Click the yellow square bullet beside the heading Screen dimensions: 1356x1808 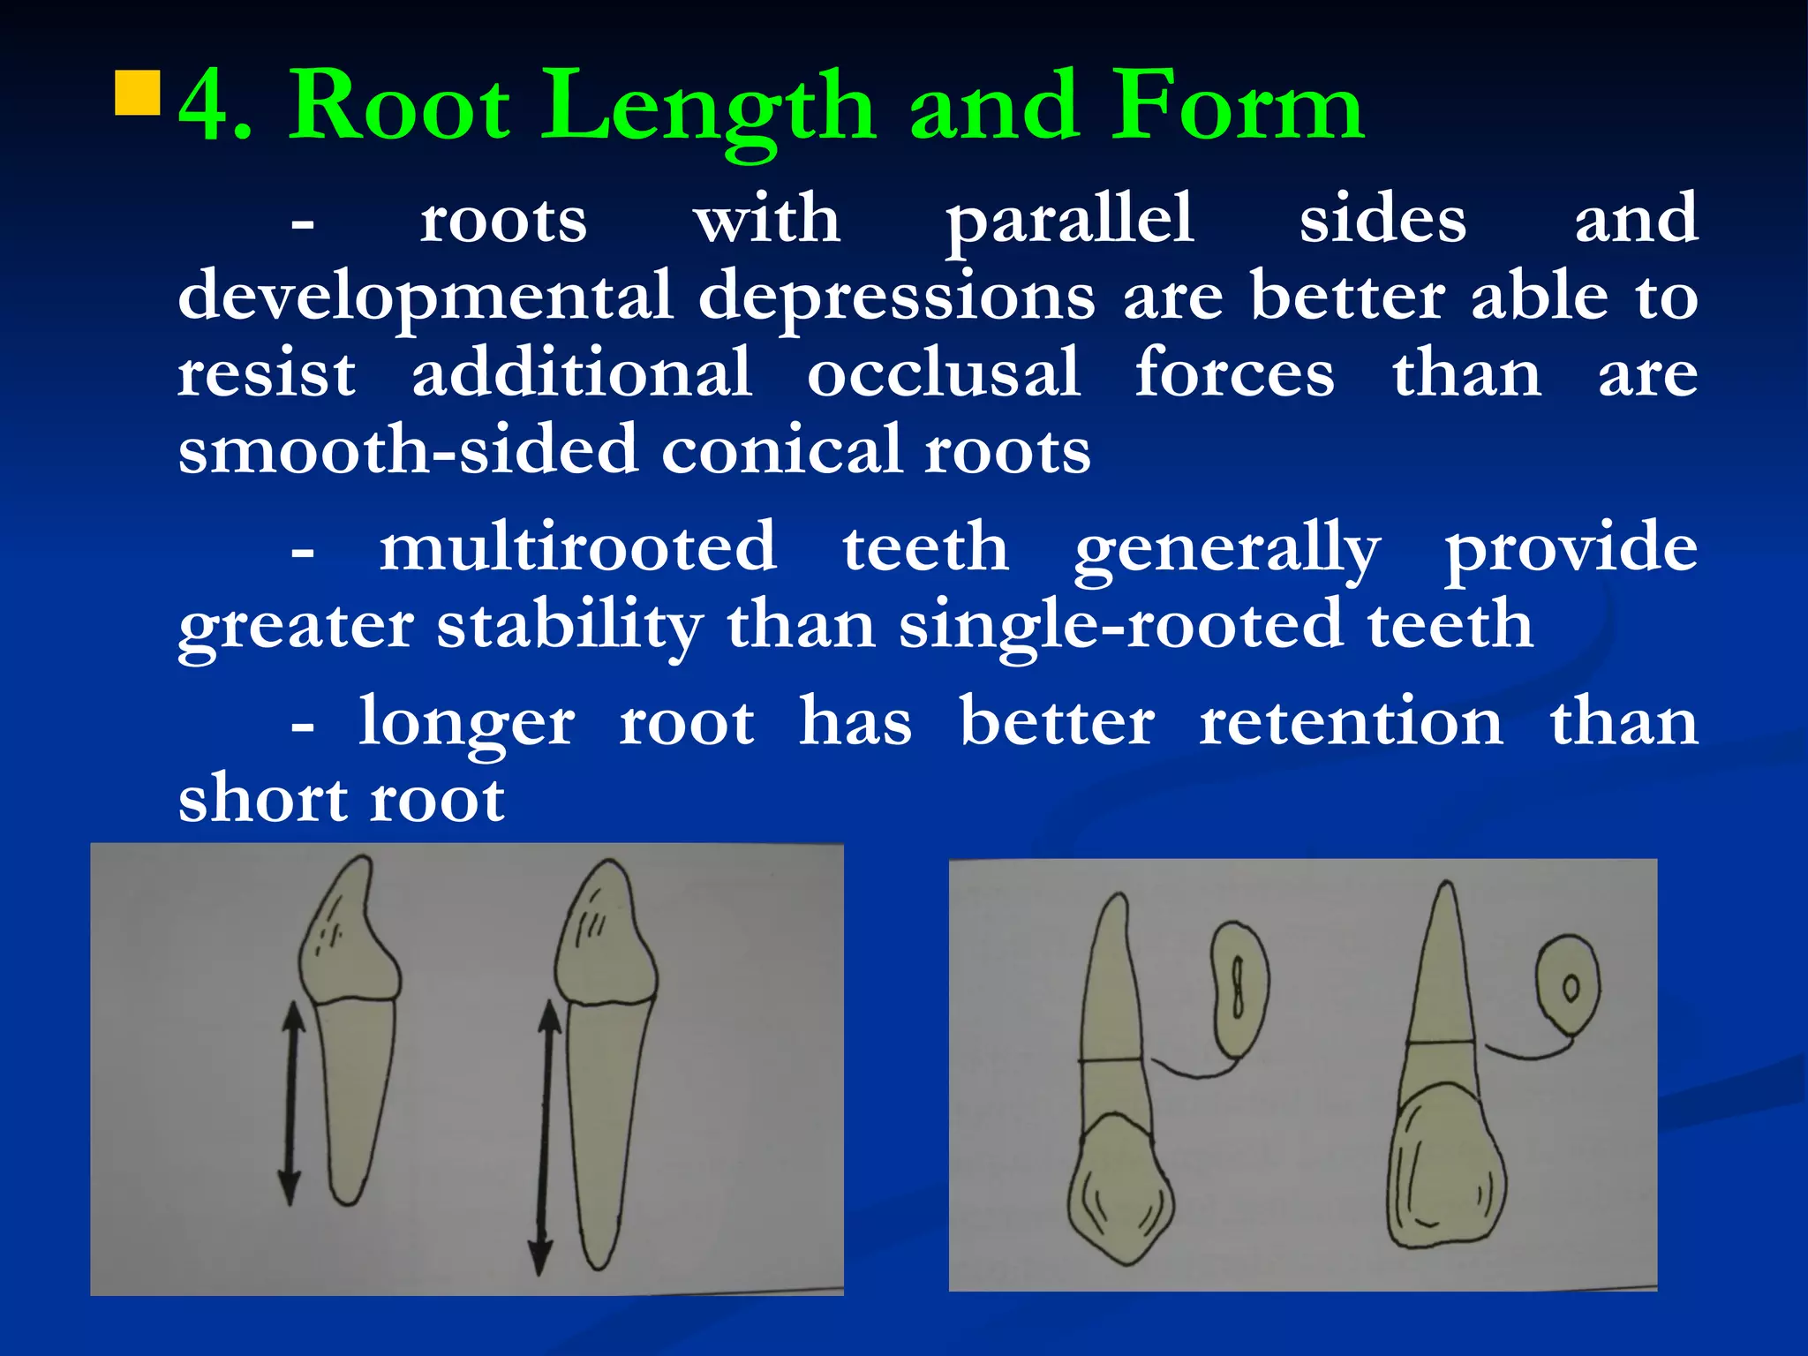point(138,94)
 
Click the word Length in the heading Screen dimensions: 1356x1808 point(707,108)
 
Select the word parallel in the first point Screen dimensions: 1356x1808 point(1070,221)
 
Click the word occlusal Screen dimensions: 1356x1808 point(943,373)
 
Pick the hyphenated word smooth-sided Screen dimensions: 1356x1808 point(407,449)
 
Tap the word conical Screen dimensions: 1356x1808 point(782,449)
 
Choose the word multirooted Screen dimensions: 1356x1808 point(578,547)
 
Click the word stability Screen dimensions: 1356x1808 point(569,626)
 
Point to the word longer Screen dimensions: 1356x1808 point(466,723)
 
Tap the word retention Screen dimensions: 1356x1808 point(1351,722)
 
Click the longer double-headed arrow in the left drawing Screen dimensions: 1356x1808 point(545,1139)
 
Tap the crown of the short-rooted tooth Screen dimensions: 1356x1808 point(349,936)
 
